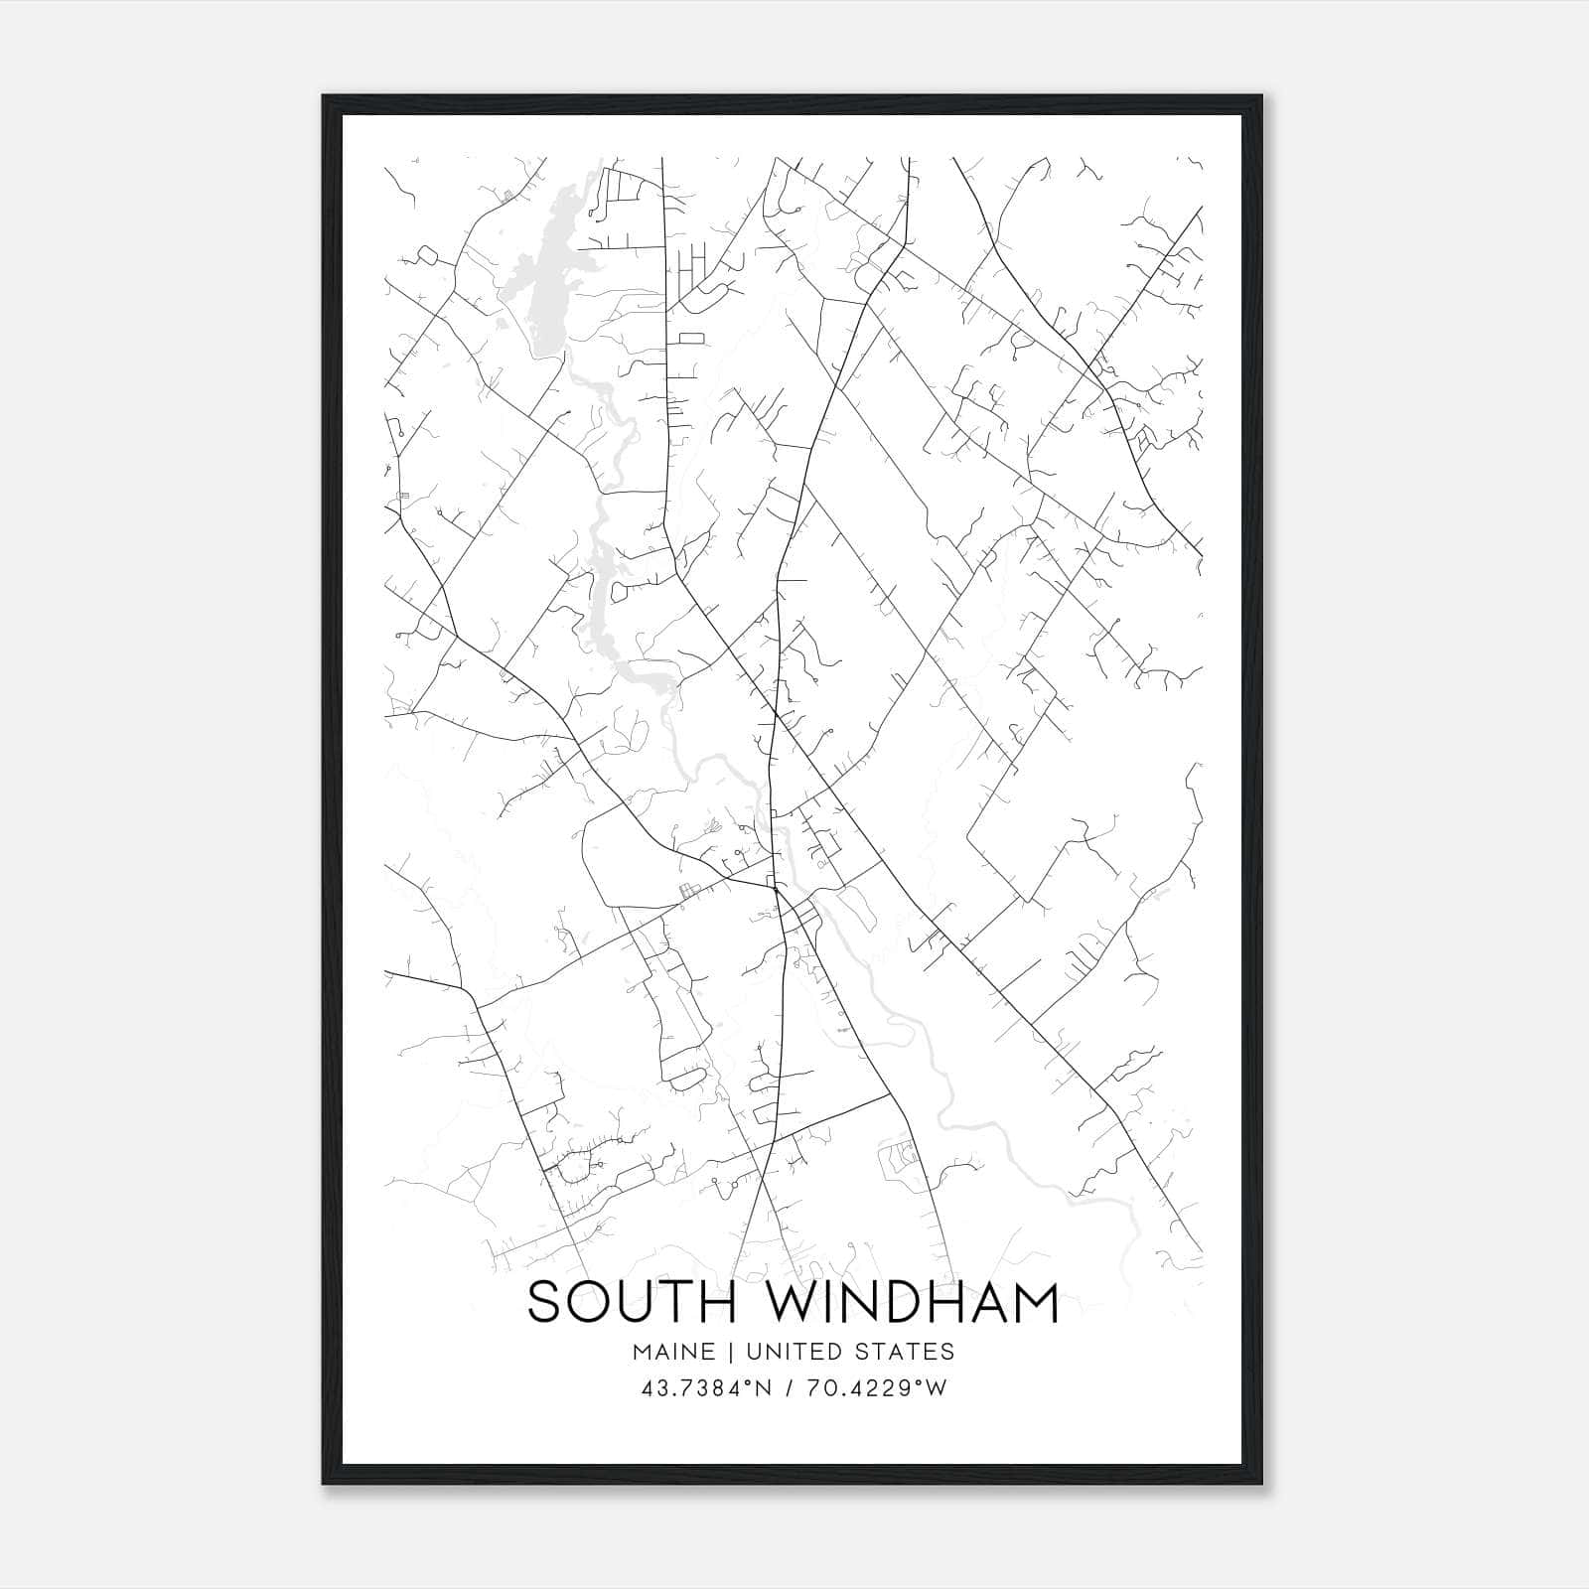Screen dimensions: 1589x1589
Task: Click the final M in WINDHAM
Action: [x=1034, y=1302]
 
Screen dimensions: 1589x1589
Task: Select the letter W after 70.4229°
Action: [x=938, y=1388]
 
